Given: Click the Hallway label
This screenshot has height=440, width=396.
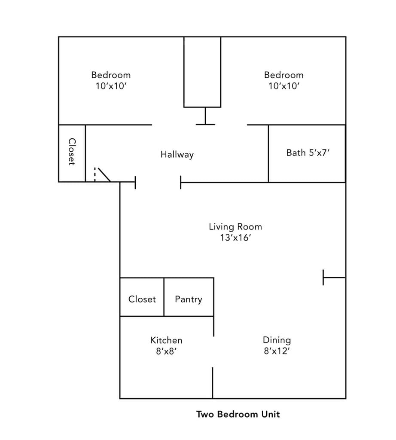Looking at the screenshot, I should (177, 154).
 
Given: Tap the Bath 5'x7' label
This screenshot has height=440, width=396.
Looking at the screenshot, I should (308, 153).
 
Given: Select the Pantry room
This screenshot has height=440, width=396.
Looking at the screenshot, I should (189, 299).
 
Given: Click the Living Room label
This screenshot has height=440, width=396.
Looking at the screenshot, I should (235, 226).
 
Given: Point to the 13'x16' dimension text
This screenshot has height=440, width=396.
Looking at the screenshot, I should (235, 238).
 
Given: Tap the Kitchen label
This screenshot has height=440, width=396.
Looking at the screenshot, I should (166, 340).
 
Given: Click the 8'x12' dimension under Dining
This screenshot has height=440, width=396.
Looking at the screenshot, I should (277, 351).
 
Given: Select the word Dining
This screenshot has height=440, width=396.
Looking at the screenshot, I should (277, 340).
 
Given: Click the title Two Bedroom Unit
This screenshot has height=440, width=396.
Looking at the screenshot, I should (238, 414).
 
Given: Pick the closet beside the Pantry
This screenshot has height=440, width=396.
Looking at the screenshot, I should (142, 299).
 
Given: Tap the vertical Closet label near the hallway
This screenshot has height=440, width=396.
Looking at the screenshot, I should (72, 152).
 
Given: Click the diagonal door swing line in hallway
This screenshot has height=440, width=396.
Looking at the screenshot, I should (104, 174).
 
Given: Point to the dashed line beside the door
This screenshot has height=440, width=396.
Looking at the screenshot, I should (94, 174).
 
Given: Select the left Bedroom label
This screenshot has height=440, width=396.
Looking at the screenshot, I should (111, 75).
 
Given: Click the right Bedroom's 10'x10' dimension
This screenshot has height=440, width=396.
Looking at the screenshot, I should (283, 86).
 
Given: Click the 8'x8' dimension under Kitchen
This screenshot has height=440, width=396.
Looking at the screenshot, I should (166, 351).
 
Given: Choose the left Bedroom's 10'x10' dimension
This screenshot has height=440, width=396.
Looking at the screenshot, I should (111, 86).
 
